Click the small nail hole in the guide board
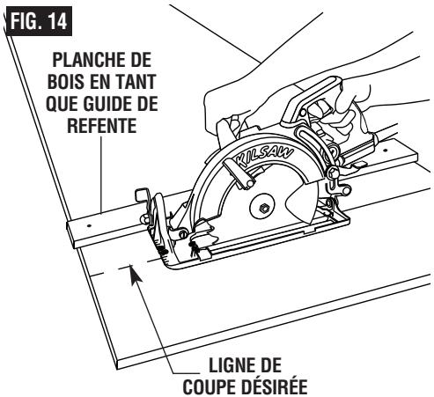pos(88,225)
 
